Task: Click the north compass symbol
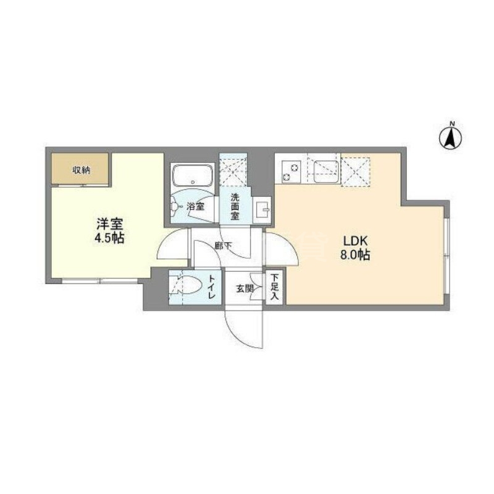pos(451,138)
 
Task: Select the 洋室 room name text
pos(110,224)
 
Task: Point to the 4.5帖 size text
pos(110,238)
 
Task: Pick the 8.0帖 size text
pos(353,254)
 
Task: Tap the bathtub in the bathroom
pos(192,177)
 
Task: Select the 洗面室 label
pos(235,206)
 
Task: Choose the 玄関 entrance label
pos(243,287)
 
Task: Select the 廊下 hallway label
pos(223,245)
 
